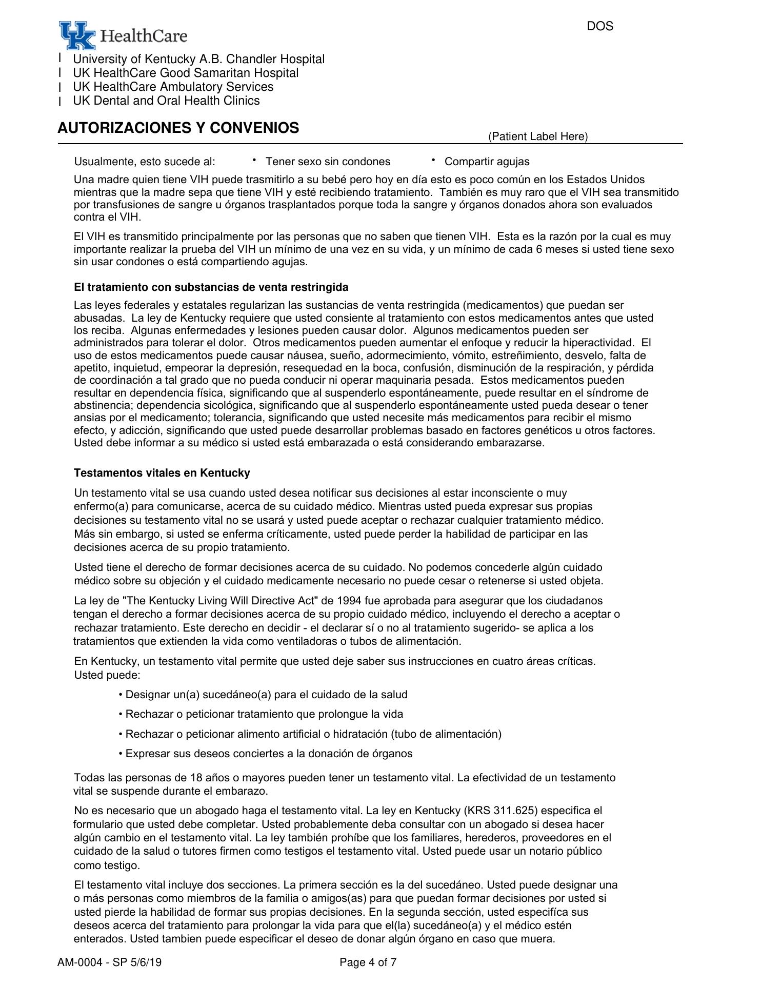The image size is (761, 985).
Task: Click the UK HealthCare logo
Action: click(123, 35)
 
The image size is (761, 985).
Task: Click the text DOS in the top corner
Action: click(599, 26)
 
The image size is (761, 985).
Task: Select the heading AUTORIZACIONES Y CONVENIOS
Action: click(178, 128)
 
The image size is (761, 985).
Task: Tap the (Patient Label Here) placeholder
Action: click(537, 136)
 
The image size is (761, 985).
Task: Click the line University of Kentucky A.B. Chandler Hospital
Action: click(198, 60)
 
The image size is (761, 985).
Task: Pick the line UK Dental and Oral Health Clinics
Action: click(166, 101)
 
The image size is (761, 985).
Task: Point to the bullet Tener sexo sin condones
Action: click(328, 162)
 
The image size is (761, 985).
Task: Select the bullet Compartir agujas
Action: click(487, 162)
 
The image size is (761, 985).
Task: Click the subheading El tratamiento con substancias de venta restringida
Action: click(211, 287)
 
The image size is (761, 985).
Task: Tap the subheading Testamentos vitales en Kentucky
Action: click(162, 472)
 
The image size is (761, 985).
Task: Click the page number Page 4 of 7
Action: click(368, 962)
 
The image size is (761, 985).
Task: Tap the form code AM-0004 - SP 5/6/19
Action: click(109, 962)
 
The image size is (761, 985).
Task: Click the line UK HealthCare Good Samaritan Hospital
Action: click(185, 73)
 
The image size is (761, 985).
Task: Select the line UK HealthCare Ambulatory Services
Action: click(173, 87)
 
